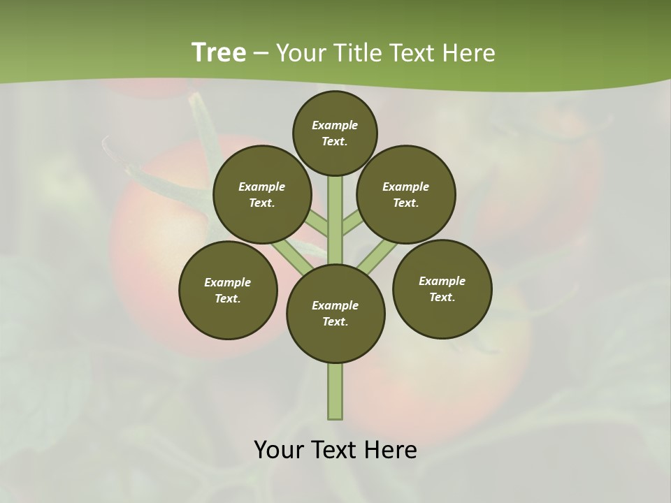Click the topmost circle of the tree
click(x=335, y=133)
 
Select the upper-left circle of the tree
click(x=262, y=194)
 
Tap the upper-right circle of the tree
click(x=406, y=194)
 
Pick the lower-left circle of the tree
click(x=228, y=290)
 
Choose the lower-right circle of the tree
click(x=442, y=289)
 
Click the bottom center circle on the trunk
click(x=335, y=313)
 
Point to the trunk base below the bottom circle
click(x=335, y=391)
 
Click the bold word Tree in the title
click(x=219, y=52)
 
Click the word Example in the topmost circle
click(x=335, y=126)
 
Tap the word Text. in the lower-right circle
click(x=442, y=297)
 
